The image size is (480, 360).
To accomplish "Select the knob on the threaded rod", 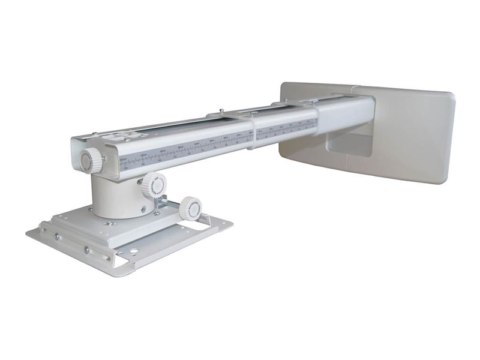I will point(191,208).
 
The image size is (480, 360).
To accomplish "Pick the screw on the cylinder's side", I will point(143,210).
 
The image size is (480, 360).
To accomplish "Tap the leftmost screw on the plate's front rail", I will point(57,236).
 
